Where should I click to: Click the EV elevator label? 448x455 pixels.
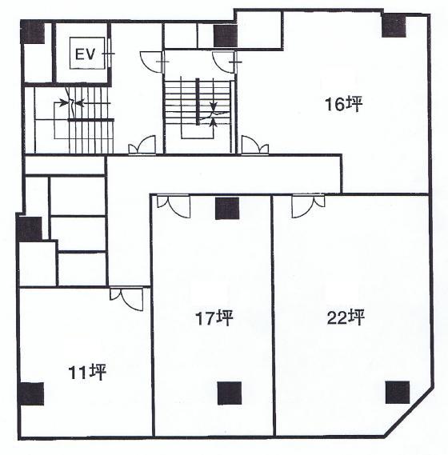coord(85,54)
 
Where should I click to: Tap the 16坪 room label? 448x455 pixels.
coord(344,104)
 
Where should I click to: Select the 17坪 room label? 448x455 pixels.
coord(214,317)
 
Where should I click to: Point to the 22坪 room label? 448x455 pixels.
coord(346,317)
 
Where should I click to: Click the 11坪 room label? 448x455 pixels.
coord(87,373)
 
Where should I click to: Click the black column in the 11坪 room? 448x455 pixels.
coord(31,393)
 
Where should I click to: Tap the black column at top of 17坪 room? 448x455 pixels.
coord(227,209)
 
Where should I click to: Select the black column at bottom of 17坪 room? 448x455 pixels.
coord(230,393)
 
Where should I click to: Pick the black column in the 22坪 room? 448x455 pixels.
coord(398,393)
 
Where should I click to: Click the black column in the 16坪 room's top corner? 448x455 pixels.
coord(394,26)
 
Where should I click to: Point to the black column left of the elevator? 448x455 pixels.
coord(33,33)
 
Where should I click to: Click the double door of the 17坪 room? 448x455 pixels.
coord(174,206)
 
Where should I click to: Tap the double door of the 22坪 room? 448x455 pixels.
coord(308,206)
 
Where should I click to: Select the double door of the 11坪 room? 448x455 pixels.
coord(126,299)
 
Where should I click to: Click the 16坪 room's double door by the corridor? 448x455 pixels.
coord(255,144)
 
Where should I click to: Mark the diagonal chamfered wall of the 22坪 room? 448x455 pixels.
coord(409,411)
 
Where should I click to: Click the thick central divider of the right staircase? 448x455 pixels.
coord(198,102)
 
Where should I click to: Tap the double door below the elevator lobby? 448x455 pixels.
coord(142,144)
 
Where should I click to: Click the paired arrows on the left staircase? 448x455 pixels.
coord(72,102)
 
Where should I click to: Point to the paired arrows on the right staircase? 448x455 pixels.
coord(214,114)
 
